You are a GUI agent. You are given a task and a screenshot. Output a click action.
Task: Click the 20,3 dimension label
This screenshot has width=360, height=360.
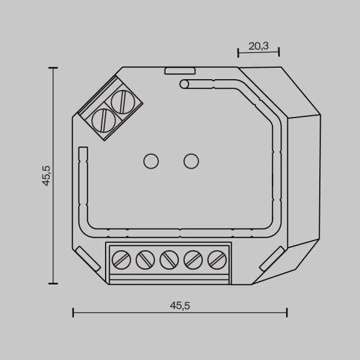[x=259, y=46]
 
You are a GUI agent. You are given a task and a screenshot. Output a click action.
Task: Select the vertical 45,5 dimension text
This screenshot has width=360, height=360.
[x=47, y=175]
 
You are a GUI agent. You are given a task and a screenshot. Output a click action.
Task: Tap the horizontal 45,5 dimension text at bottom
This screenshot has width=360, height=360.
[x=179, y=305]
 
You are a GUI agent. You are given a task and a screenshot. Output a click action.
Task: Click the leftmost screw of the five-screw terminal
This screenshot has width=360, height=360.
[x=122, y=260]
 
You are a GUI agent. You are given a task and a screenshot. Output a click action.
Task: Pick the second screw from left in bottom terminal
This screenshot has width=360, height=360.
[x=145, y=260]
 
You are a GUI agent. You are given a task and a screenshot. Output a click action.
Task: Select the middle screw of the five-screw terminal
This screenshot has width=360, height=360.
[x=169, y=260]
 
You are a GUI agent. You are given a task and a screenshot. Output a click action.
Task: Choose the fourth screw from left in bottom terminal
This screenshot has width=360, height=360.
[x=192, y=260]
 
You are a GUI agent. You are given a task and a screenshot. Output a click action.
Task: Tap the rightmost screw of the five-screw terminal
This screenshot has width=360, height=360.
[x=215, y=260]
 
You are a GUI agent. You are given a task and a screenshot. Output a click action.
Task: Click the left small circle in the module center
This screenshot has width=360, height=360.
[x=150, y=161]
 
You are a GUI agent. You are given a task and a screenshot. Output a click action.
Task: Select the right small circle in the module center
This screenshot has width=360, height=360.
[x=190, y=161]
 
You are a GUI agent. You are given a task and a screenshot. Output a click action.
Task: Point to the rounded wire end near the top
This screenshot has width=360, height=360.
[x=184, y=84]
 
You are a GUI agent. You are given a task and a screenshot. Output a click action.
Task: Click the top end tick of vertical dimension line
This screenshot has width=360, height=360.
[x=53, y=68]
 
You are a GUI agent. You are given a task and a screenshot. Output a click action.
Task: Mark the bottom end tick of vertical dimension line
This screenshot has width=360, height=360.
[x=53, y=283]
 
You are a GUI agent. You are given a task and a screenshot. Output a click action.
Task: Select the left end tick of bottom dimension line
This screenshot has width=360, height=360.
[x=73, y=312]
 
